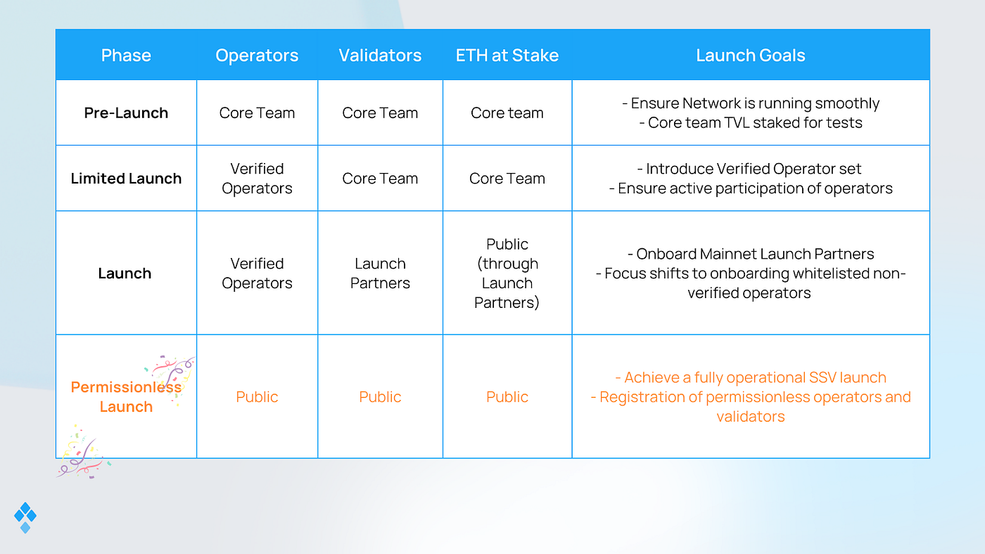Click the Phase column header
[126, 56]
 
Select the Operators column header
[257, 56]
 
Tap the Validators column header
[380, 56]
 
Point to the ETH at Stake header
[507, 56]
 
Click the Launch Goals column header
[751, 56]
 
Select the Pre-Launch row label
[126, 113]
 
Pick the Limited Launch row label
[126, 179]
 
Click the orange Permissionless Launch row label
[126, 397]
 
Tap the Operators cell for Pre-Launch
[257, 113]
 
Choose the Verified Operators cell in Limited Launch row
[257, 179]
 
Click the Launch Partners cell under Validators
[380, 273]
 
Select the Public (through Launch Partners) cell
[507, 273]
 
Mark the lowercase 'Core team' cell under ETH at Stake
[507, 113]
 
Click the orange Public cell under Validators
[380, 397]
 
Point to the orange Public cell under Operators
[257, 397]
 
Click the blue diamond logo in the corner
[25, 517]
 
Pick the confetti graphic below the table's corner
[83, 453]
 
